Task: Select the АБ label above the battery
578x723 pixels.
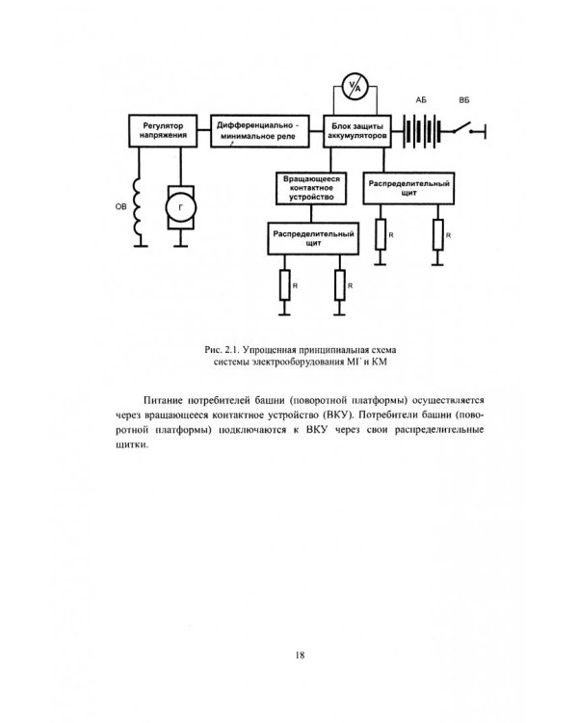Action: click(x=421, y=100)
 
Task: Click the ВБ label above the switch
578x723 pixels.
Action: click(x=465, y=100)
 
